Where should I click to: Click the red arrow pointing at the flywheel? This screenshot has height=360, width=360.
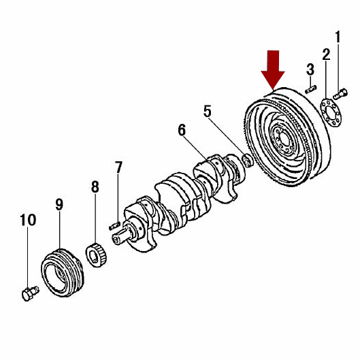273,69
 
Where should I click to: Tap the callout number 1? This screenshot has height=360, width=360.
338,37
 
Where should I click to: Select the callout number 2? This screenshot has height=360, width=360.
326,54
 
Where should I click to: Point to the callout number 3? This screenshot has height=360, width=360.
310,69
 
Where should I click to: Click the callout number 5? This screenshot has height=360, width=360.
208,111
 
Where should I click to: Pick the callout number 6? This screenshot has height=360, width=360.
182,130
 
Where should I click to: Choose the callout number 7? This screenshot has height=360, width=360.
118,167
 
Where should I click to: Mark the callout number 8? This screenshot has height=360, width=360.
95,186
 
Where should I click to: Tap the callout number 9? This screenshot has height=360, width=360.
59,204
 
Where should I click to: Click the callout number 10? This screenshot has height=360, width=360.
28,220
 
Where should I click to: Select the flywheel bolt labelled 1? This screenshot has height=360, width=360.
340,94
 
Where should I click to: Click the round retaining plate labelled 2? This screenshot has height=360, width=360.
331,112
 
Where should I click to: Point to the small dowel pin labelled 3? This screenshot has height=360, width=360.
311,89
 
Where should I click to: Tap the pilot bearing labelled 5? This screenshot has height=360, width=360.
248,160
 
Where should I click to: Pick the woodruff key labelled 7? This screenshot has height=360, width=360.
114,225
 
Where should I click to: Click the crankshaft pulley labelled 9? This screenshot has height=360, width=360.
63,273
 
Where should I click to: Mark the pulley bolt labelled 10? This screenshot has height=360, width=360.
31,293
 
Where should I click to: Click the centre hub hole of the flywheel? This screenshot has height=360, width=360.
284,139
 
